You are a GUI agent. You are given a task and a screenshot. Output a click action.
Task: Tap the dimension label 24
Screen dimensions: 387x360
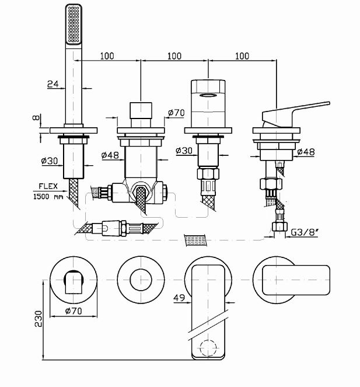point(52,84)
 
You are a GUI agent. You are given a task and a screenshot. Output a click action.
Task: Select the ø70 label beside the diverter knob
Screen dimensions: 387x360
point(176,113)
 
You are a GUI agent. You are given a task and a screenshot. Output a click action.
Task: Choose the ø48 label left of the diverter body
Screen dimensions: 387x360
point(110,155)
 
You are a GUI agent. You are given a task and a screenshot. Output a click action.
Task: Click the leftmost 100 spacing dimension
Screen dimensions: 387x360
point(107,56)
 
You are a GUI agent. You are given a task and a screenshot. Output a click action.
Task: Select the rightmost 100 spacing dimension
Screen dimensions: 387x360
point(242,56)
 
